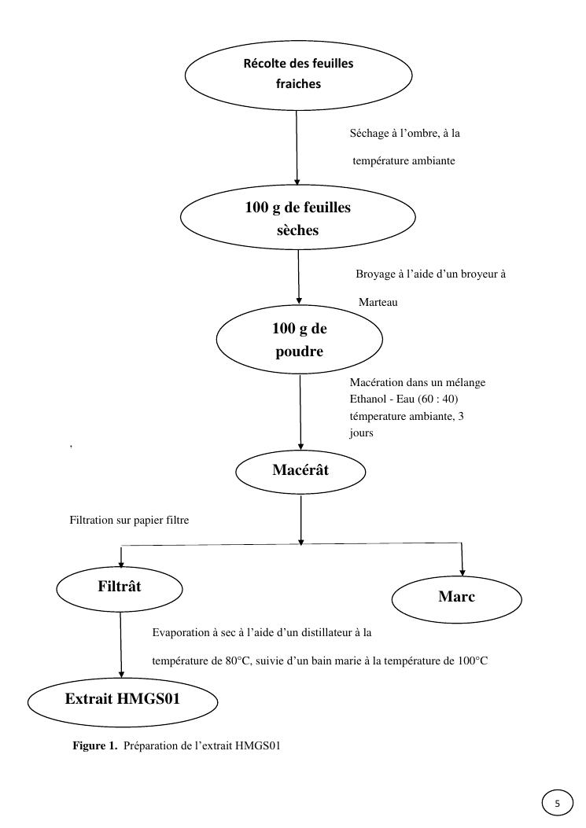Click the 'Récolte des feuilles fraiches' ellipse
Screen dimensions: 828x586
click(298, 74)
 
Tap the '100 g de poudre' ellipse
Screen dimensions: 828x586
click(299, 340)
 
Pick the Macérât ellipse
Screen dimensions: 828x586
click(300, 471)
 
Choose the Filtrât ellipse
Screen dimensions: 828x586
click(120, 587)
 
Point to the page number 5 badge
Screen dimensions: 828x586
click(558, 804)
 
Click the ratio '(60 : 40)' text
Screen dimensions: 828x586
click(429, 399)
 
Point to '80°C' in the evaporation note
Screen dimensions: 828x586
click(237, 661)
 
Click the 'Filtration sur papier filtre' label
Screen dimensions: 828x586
click(129, 520)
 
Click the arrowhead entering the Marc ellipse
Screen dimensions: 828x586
click(462, 572)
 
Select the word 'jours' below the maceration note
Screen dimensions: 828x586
click(361, 433)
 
